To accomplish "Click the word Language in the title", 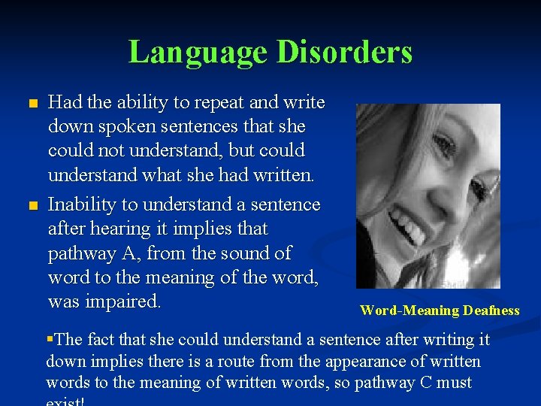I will [x=198, y=53].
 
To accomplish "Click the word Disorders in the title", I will [x=345, y=53].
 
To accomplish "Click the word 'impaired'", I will [x=125, y=301].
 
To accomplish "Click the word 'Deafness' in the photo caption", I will [x=491, y=311].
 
